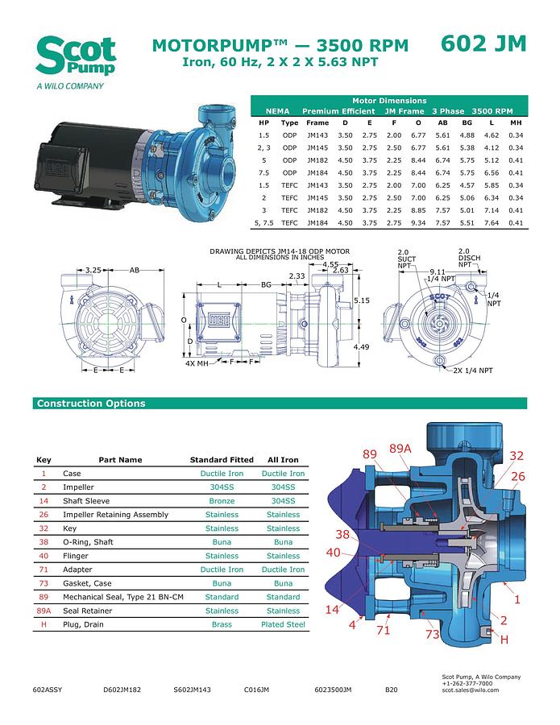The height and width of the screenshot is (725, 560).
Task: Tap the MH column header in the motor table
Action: pos(516,123)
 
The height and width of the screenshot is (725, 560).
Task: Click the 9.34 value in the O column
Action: pos(418,222)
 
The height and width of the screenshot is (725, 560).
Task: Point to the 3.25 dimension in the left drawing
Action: pos(93,271)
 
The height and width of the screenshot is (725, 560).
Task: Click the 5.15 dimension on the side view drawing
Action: pos(363,300)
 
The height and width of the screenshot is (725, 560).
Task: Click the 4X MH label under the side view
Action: pos(197,363)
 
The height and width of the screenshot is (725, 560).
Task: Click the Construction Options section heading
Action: pos(91,404)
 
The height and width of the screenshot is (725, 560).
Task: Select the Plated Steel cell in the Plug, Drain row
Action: pos(283,624)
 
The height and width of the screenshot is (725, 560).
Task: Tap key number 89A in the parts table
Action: pos(44,611)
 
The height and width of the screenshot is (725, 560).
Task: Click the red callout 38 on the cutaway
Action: pos(342,533)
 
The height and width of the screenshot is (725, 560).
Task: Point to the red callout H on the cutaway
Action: pos(504,640)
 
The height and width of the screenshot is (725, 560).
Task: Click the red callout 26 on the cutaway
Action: pos(517,476)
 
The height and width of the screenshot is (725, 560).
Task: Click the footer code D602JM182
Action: pos(122,690)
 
